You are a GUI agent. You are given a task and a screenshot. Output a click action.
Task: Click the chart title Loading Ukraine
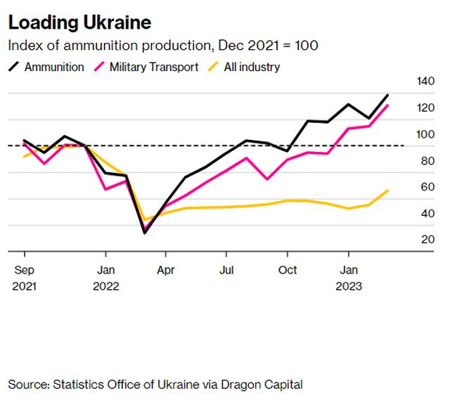click(x=79, y=22)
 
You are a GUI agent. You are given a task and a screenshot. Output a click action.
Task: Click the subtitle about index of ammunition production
click(x=162, y=46)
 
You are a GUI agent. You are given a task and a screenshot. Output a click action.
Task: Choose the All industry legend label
click(x=252, y=67)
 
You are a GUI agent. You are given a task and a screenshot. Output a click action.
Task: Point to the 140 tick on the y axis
click(x=426, y=82)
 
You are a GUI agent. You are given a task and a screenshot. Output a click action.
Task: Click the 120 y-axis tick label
click(x=426, y=108)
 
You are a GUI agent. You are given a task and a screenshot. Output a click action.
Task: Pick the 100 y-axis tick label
click(x=426, y=134)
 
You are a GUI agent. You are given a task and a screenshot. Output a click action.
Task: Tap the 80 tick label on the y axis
click(x=426, y=161)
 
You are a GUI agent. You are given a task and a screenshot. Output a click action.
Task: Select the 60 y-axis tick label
click(x=426, y=187)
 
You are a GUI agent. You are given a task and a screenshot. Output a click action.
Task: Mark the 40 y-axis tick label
click(x=426, y=214)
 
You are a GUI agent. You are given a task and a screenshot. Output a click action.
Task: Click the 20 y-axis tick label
click(x=426, y=240)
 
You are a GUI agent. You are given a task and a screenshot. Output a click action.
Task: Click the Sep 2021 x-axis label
click(x=24, y=278)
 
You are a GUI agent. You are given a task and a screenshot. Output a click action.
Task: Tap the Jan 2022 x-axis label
click(x=105, y=278)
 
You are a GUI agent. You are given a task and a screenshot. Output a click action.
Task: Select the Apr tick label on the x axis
click(x=166, y=270)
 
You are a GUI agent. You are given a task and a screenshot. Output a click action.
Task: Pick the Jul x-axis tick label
click(x=226, y=270)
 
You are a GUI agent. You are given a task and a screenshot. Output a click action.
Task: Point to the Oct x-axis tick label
click(x=287, y=270)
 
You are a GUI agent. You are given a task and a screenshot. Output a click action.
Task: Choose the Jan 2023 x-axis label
click(x=348, y=278)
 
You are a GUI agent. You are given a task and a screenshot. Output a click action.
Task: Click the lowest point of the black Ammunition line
click(x=145, y=233)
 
